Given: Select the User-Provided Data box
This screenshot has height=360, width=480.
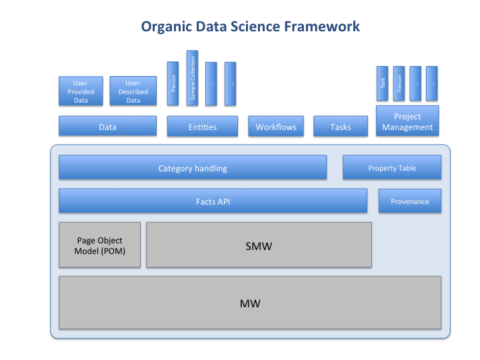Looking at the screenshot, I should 81,91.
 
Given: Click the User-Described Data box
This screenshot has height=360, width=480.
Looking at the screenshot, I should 133,91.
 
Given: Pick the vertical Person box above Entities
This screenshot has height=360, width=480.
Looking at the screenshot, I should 173,83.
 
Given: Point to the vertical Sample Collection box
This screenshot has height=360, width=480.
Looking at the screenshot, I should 192,77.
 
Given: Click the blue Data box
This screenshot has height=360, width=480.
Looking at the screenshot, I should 107,127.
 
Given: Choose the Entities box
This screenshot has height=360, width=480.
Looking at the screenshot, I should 202,127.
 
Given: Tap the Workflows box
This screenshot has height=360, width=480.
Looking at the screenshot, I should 276,127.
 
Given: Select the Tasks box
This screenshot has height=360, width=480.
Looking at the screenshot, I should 340,127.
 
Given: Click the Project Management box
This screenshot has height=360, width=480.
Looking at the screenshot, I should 407,121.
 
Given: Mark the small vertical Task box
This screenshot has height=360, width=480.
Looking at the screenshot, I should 383,83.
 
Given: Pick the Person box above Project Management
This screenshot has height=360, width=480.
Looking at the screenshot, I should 399,83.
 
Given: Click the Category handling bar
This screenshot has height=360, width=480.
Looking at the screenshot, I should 193,168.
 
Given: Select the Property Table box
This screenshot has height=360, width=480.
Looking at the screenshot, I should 392,168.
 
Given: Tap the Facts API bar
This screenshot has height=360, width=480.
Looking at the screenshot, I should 213,201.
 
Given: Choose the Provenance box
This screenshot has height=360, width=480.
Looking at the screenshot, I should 409,201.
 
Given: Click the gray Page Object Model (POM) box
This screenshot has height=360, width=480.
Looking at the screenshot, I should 100,245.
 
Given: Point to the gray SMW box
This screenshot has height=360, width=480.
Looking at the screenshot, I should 259,245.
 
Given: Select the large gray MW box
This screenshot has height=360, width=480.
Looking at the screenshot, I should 250,303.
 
